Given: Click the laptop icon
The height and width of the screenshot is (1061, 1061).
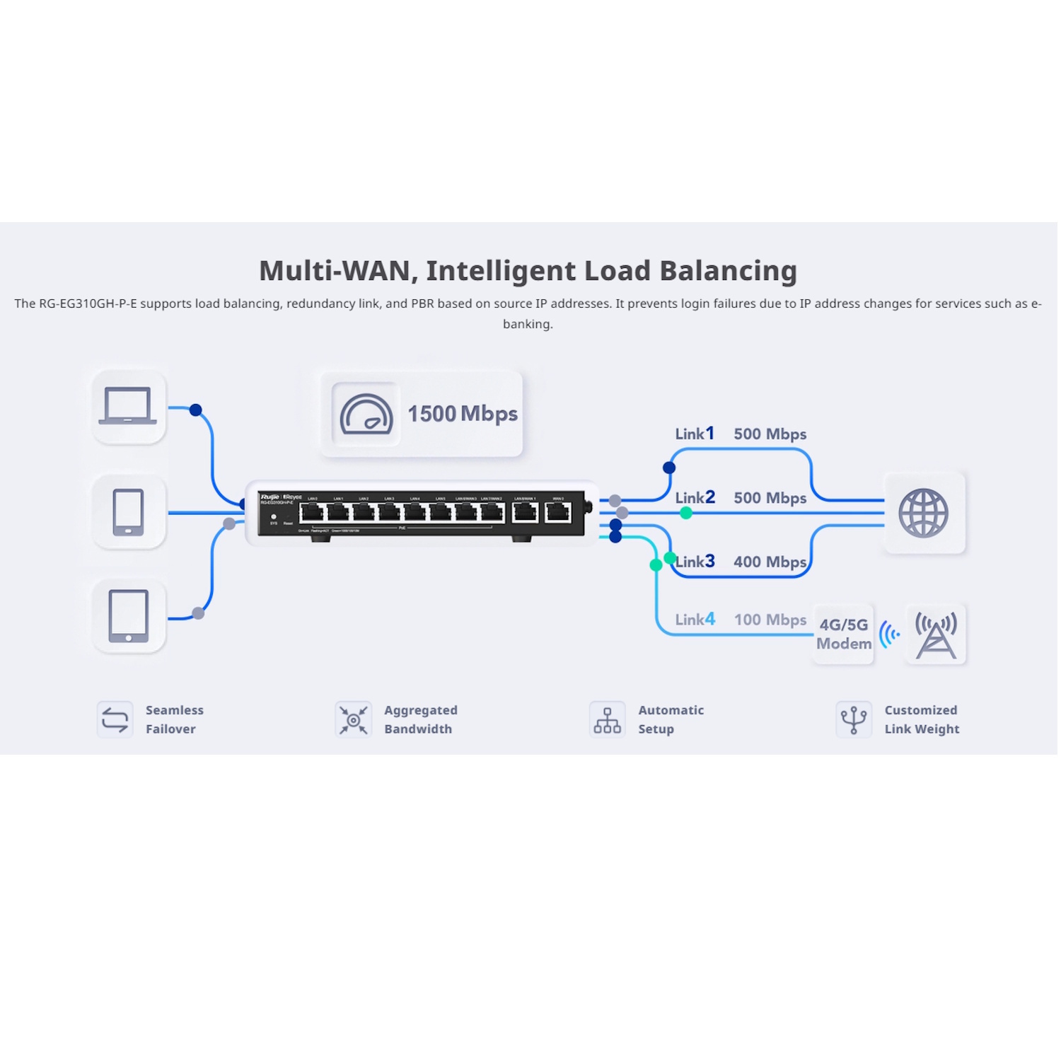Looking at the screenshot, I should tap(128, 406).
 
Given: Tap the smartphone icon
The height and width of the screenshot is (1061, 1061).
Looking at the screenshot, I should tap(128, 511).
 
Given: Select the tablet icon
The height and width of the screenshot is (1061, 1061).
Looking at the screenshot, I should tap(128, 615).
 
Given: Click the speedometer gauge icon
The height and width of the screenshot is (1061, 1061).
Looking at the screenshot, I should tap(366, 414).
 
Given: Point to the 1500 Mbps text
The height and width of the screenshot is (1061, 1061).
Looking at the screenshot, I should tap(462, 414).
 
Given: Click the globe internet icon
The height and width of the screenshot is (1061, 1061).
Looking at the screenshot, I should tap(923, 513).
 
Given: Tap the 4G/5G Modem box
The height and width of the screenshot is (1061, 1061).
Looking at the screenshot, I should tap(843, 634).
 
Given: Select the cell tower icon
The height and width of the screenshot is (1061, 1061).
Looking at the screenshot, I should tap(936, 634).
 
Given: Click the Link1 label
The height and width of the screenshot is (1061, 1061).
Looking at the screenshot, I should tap(694, 434).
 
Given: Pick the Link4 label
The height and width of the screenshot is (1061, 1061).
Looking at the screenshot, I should tap(694, 620).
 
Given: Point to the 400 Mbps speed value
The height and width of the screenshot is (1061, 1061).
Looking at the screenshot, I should tap(770, 562).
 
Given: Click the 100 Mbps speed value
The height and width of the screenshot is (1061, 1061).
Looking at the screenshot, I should tap(770, 620).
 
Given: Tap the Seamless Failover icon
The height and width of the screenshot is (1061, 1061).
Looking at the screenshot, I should tap(115, 719).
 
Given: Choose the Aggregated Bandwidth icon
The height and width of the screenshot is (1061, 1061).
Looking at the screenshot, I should tap(353, 719).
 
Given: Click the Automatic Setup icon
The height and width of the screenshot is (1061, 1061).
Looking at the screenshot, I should tap(607, 719).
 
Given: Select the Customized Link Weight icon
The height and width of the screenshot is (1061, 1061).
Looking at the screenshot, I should tap(853, 719).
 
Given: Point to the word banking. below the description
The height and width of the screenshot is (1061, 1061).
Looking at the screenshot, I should tap(528, 324).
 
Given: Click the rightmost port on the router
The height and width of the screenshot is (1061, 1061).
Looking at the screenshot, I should tap(558, 512).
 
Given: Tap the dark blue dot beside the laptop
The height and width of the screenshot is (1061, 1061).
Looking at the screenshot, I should tap(196, 410).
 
